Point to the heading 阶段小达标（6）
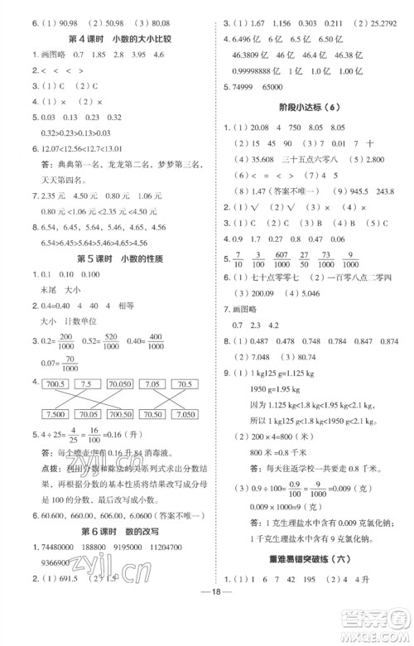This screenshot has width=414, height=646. pyautogui.click(x=319, y=107)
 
